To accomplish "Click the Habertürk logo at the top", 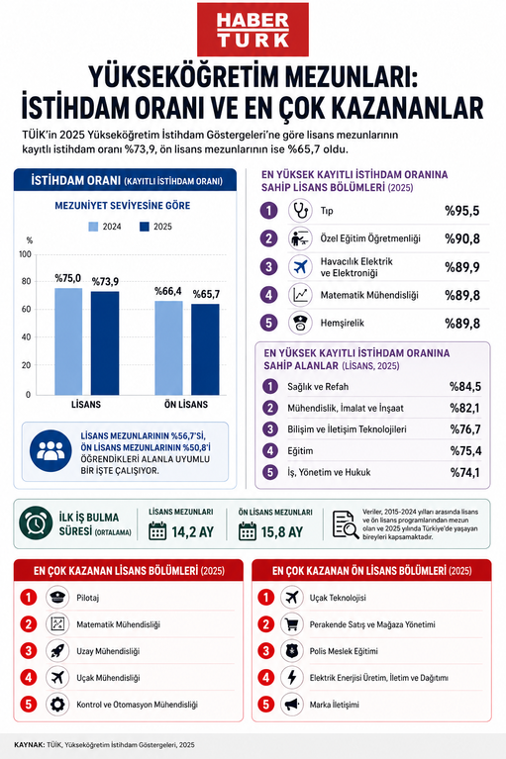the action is (253, 30).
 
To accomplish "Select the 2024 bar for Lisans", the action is (68, 341).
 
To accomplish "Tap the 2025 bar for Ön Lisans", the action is (205, 349).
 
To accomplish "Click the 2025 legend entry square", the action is (145, 227).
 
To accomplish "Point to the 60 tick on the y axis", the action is (26, 309).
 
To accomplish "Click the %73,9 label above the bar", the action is (105, 282).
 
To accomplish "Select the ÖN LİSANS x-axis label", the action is (186, 405).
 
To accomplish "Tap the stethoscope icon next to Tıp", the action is (300, 211).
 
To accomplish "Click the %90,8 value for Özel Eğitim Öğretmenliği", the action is (462, 238).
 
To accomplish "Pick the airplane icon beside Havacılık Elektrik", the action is (300, 267).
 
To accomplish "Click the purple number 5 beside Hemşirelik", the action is (269, 323).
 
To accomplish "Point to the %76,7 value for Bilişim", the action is (465, 429).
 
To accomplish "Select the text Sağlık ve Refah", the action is (318, 387).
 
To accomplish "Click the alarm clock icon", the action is (36, 523).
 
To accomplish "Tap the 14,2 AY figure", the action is (192, 532).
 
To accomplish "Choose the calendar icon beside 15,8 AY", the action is (248, 531).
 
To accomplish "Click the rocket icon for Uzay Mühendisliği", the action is (57, 651).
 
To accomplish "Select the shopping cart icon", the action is (292, 624).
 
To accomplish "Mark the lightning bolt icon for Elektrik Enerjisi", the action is (292, 678).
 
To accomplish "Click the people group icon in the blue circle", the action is (51, 451).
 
